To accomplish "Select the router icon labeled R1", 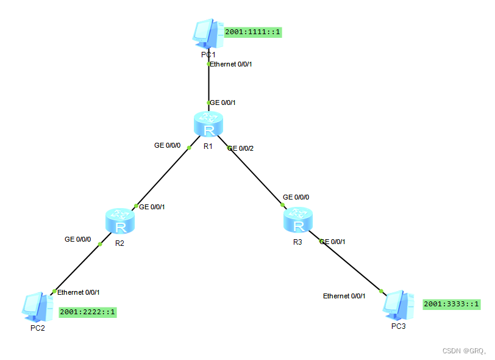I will pyautogui.click(x=208, y=124).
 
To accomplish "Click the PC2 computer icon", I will pyautogui.click(x=35, y=308).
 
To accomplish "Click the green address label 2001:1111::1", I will pyautogui.click(x=253, y=32).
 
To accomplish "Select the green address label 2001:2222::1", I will pyautogui.click(x=87, y=312).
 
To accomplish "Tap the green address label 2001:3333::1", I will pyautogui.click(x=451, y=304).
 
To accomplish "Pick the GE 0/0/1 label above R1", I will pyautogui.click(x=224, y=103).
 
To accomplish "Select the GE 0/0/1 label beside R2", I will pyautogui.click(x=152, y=207).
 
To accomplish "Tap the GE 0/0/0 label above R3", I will pyautogui.click(x=296, y=198).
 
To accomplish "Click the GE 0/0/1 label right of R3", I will pyautogui.click(x=333, y=242).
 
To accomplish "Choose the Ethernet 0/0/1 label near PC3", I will pyautogui.click(x=344, y=296).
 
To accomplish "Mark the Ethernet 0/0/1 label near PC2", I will pyautogui.click(x=79, y=292).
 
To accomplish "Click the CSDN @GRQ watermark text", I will pyautogui.click(x=463, y=351).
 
